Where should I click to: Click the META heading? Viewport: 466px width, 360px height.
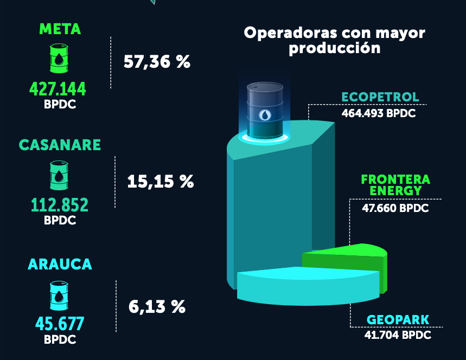60,29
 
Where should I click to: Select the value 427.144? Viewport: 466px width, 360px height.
58,88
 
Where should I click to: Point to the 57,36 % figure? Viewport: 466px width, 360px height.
157,62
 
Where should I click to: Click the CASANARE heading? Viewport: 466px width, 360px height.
60,145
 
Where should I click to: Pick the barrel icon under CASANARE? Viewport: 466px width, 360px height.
59,175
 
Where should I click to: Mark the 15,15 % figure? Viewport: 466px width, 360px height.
160,181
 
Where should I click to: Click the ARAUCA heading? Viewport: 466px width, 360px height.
60,265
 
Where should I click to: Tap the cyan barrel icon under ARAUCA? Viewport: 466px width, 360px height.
59,294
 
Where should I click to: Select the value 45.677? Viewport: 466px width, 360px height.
60,324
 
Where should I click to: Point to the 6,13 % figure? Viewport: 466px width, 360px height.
157,307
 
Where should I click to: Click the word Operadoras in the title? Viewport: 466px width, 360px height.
286,33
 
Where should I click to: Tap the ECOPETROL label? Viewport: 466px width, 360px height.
380,97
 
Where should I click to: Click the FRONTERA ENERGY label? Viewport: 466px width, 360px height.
395,185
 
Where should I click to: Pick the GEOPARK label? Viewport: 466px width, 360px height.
398,319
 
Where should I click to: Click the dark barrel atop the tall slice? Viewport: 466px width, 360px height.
265,111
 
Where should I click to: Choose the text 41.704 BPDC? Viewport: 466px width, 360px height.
398,335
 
